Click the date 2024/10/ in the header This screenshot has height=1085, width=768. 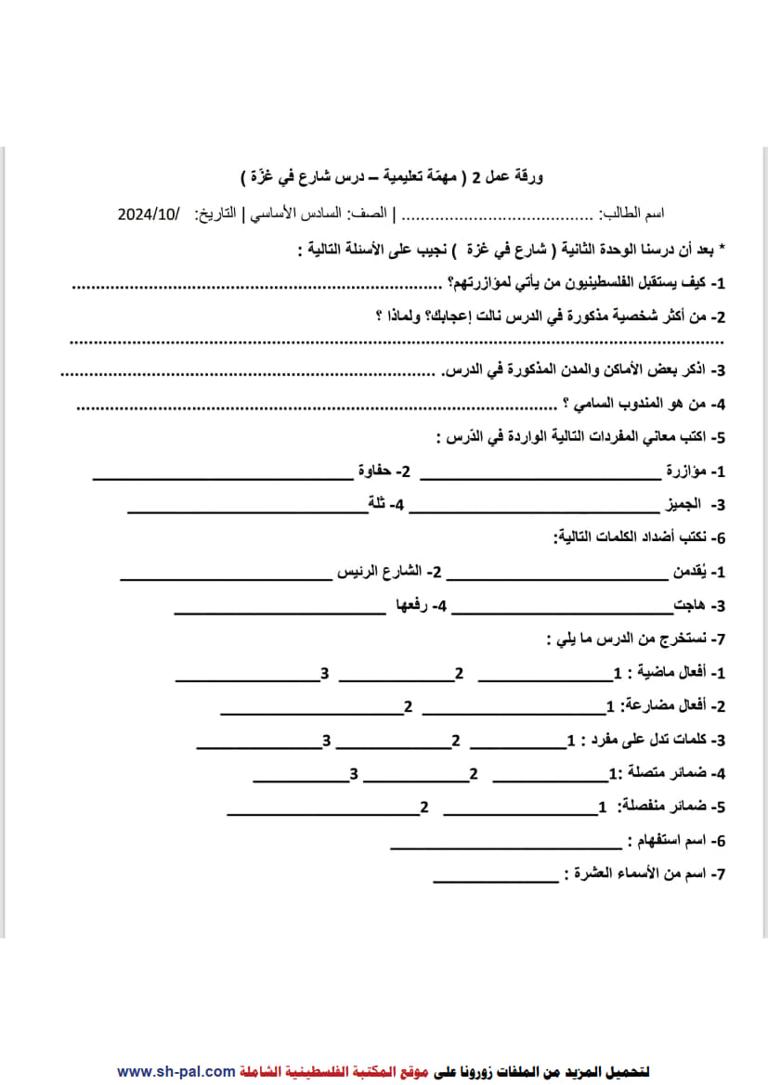point(148,213)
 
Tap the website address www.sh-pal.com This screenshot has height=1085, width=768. point(176,1071)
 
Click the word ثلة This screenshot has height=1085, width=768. point(377,505)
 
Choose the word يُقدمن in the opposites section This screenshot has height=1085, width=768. point(691,573)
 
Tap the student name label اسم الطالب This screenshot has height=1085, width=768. point(631,213)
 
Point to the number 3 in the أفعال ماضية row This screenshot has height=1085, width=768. point(325,673)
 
